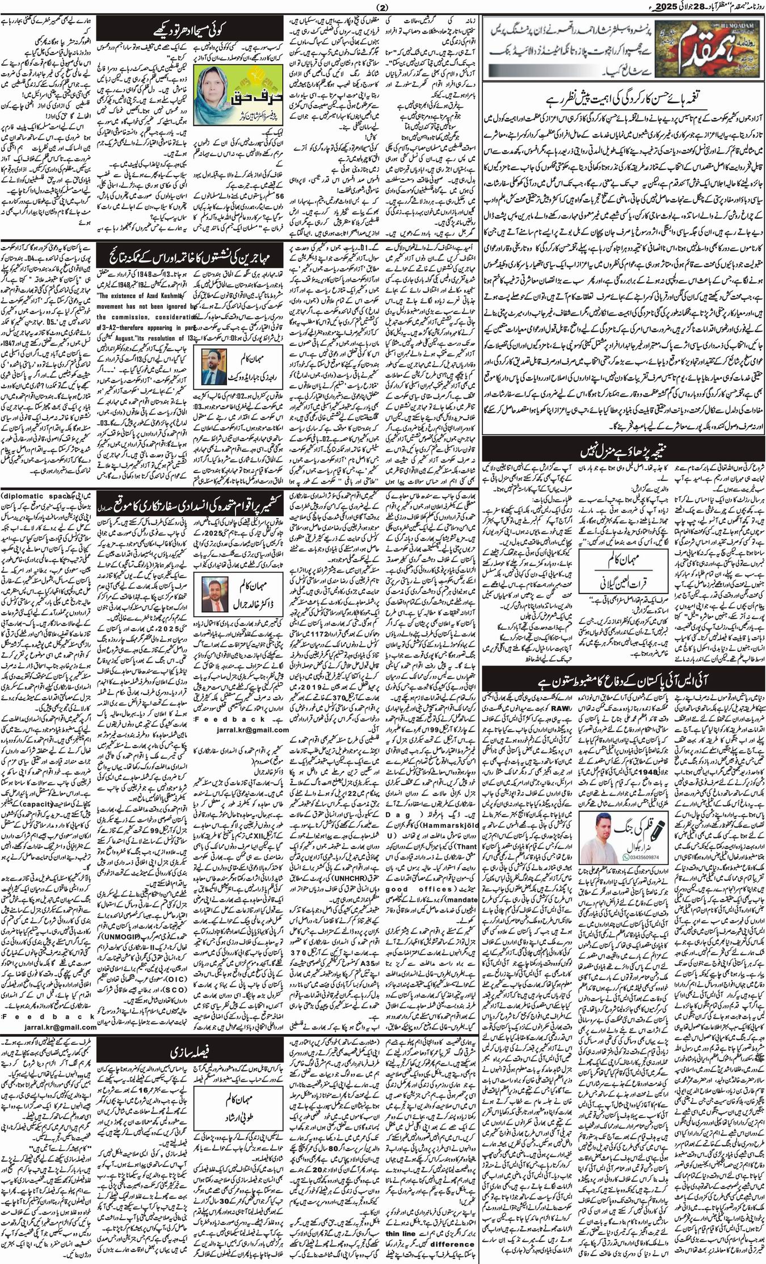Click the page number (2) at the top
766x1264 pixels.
[383, 7]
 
